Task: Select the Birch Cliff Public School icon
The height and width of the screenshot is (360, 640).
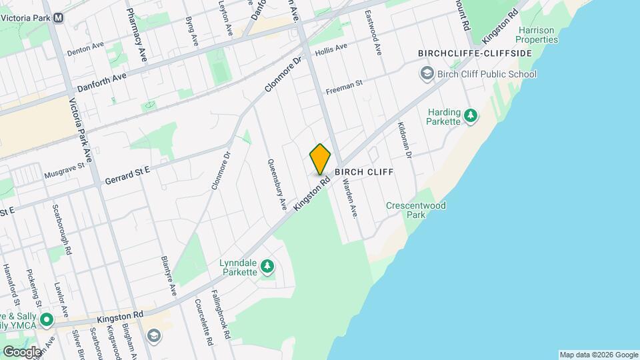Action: [426, 74]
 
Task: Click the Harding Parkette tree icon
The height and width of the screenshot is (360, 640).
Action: [471, 116]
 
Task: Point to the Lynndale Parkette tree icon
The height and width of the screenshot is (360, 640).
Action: [267, 267]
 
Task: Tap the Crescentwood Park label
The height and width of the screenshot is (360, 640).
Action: [415, 211]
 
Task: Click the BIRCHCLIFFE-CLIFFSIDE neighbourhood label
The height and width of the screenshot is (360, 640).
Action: [475, 53]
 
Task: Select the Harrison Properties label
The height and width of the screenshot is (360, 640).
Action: [537, 35]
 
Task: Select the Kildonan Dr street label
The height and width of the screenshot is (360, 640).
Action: [405, 140]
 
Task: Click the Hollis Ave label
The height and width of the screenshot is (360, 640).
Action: [331, 50]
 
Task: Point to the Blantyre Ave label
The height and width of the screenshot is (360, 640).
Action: [168, 275]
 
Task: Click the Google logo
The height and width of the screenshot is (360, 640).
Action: [22, 351]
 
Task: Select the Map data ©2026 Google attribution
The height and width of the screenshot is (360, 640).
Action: [599, 355]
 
